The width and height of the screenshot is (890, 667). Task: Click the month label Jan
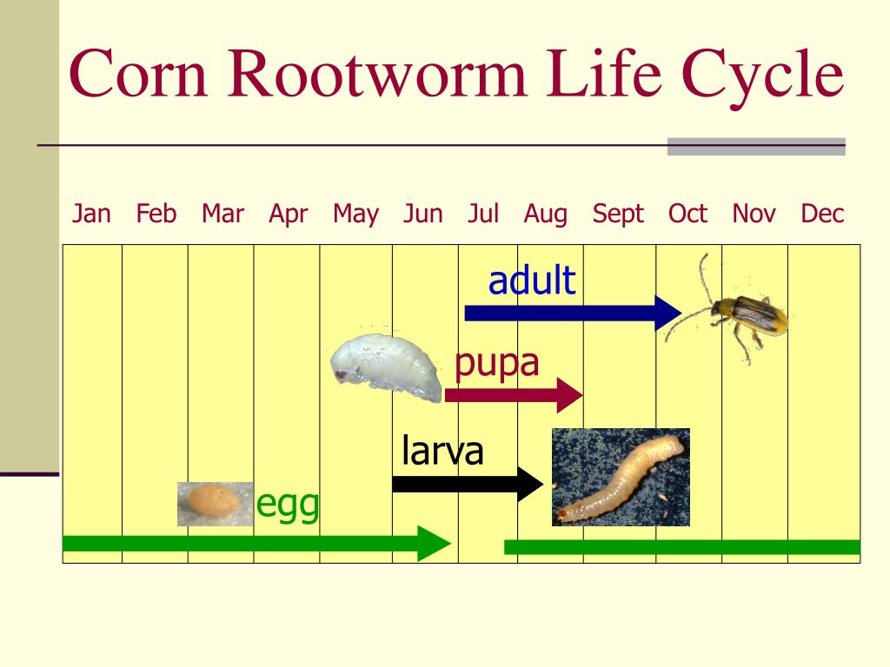91,214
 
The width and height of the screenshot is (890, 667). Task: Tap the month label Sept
618,214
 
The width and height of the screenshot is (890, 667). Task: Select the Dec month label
822,214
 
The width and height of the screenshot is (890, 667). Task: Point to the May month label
355,214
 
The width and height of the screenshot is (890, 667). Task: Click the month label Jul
483,214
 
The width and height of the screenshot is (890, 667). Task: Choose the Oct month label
687,214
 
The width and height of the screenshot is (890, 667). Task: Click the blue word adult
532,281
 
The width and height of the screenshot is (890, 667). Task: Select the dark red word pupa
497,362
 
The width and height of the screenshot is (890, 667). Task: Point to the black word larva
442,451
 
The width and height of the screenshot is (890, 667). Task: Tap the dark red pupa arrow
512,396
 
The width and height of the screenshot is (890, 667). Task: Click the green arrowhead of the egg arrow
435,544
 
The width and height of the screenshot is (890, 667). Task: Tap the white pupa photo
388,367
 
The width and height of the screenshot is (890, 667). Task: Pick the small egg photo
214,503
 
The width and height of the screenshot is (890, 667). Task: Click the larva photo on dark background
621,477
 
